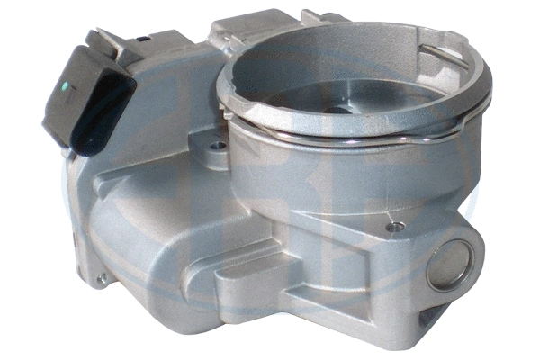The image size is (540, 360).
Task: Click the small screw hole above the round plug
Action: click(x=392, y=227)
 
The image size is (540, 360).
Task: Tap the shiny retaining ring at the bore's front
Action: click(x=342, y=135)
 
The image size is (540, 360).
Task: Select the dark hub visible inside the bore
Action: click(x=339, y=110)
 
